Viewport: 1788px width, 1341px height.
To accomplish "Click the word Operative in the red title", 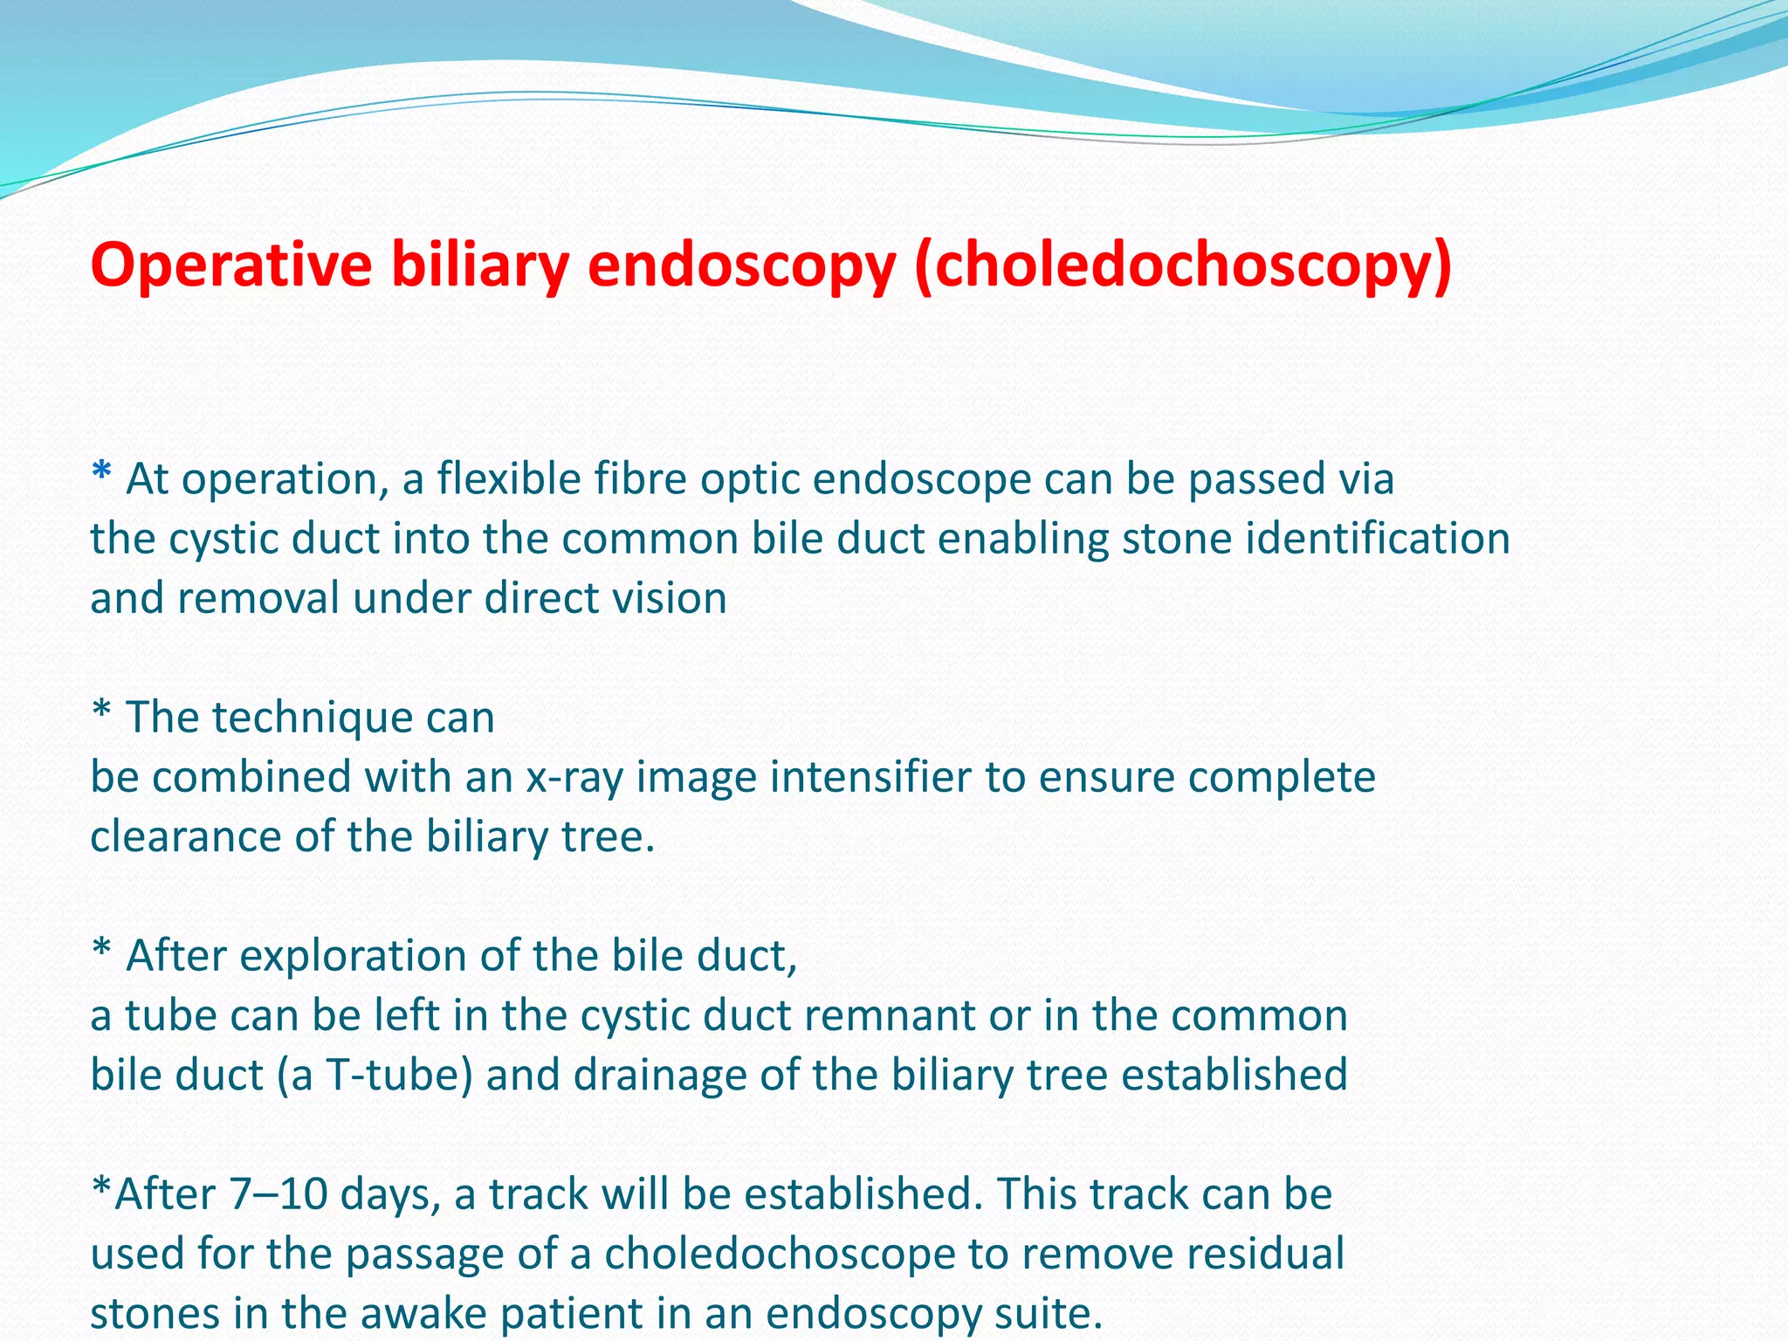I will coord(231,265).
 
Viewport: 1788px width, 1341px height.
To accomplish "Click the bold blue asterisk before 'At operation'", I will coord(101,473).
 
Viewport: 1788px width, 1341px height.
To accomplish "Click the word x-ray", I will coord(574,778).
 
